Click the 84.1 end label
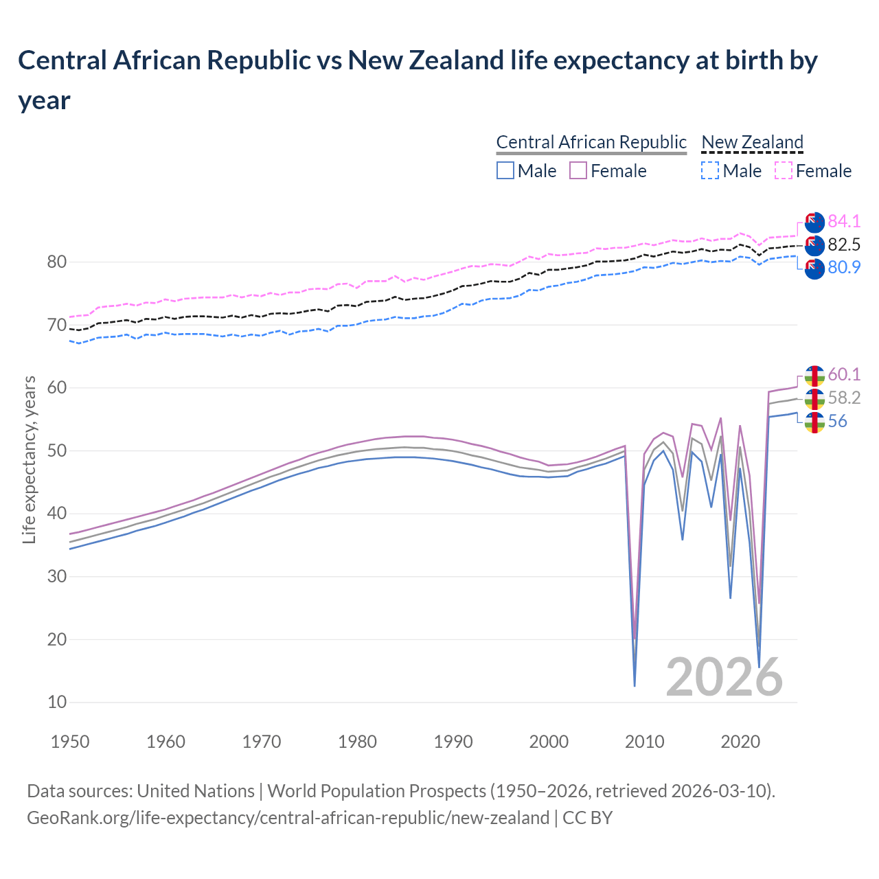pyautogui.click(x=844, y=221)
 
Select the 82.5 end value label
pyautogui.click(x=844, y=244)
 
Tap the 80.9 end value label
pyautogui.click(x=844, y=268)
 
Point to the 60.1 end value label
pyautogui.click(x=844, y=374)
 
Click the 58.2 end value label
pyautogui.click(x=844, y=398)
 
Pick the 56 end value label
pyautogui.click(x=837, y=421)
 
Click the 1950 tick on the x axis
pyautogui.click(x=71, y=742)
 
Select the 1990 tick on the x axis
pyautogui.click(x=453, y=742)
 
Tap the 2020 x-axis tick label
pyautogui.click(x=740, y=742)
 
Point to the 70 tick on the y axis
pyautogui.click(x=57, y=325)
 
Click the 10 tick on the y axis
pyautogui.click(x=57, y=702)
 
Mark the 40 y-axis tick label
pyautogui.click(x=57, y=514)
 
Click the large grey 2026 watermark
pyautogui.click(x=724, y=677)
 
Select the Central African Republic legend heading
pyautogui.click(x=591, y=142)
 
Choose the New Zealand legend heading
pyautogui.click(x=752, y=142)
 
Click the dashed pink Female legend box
pyautogui.click(x=784, y=170)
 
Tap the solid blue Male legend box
pyautogui.click(x=505, y=170)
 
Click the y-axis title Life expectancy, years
pyautogui.click(x=29, y=460)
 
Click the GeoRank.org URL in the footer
pyautogui.click(x=288, y=818)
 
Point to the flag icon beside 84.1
pyautogui.click(x=814, y=222)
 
